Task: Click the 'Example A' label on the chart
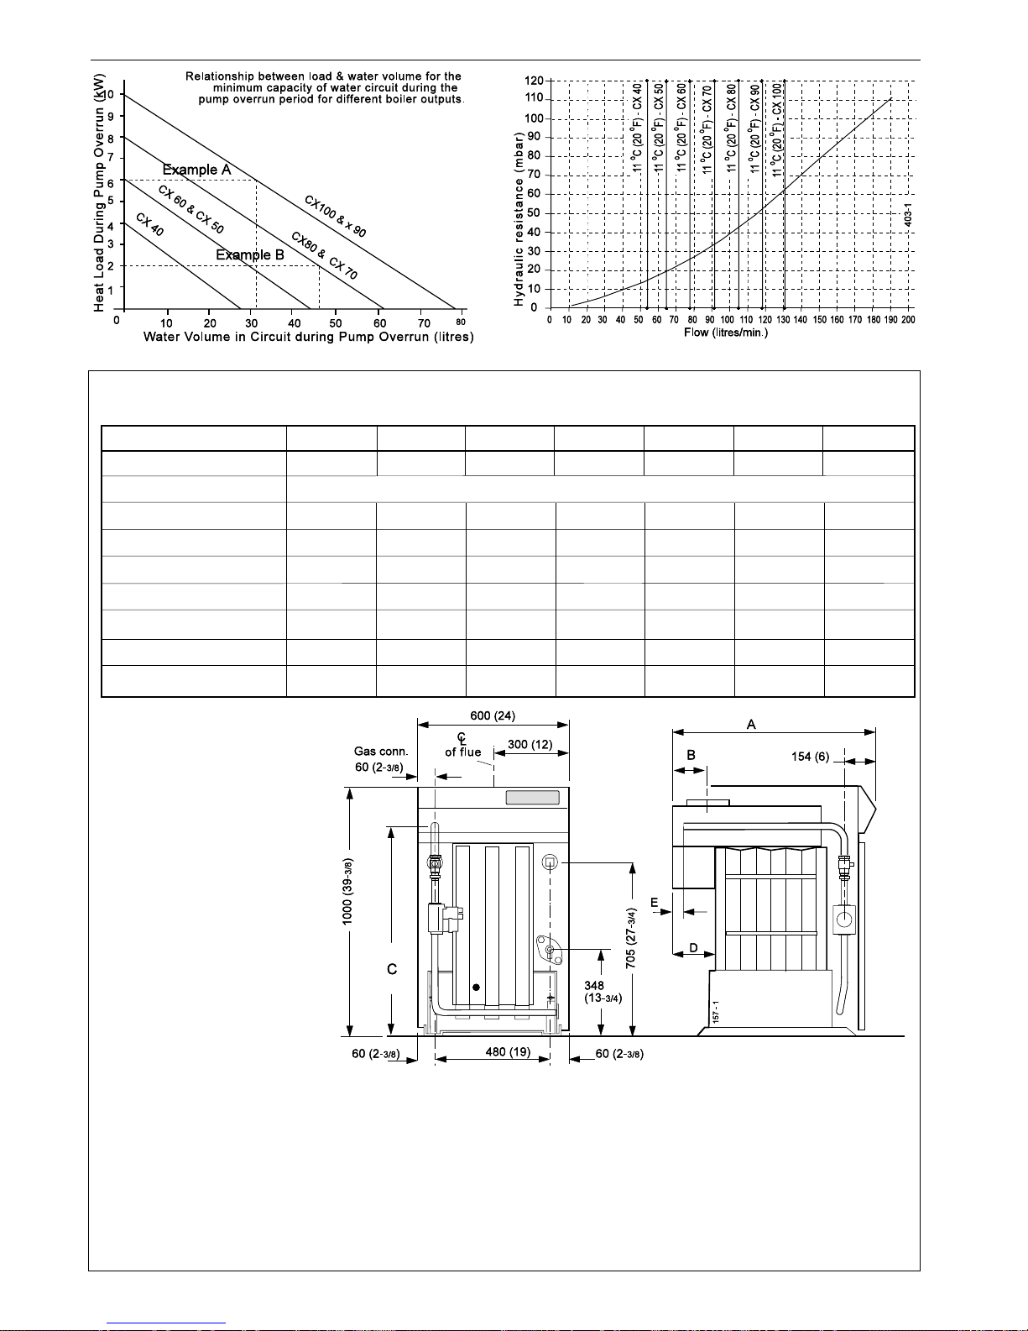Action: pyautogui.click(x=196, y=170)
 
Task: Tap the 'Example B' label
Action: pyautogui.click(x=250, y=254)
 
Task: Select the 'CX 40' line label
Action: pyautogui.click(x=149, y=224)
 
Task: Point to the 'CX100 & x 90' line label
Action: pyautogui.click(x=335, y=217)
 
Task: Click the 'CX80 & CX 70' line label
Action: pyautogui.click(x=324, y=255)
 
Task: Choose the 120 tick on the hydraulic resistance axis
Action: pyautogui.click(x=534, y=81)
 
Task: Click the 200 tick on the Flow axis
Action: pyautogui.click(x=907, y=320)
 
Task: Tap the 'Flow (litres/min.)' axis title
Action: pyautogui.click(x=726, y=333)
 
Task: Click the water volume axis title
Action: pyautogui.click(x=308, y=337)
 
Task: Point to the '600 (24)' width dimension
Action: pyautogui.click(x=493, y=716)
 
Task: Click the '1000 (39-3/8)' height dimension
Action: pyautogui.click(x=347, y=892)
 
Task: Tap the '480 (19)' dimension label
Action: pyautogui.click(x=509, y=1052)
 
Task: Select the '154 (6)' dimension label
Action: pyautogui.click(x=810, y=757)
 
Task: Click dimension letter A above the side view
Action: pyautogui.click(x=751, y=724)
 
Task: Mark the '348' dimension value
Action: pyautogui.click(x=594, y=986)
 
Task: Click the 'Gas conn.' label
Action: pyautogui.click(x=381, y=752)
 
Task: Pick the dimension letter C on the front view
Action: pyautogui.click(x=391, y=969)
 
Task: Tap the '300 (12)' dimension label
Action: pyautogui.click(x=530, y=745)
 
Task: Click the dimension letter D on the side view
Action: pyautogui.click(x=693, y=948)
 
